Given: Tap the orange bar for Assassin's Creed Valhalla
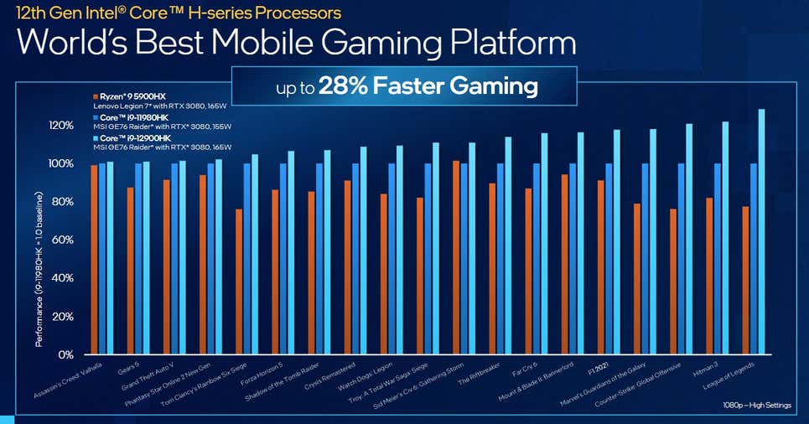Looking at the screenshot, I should (x=94, y=259).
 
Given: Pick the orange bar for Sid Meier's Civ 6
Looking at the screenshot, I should (x=455, y=256).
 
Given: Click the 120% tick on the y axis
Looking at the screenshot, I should (x=61, y=125).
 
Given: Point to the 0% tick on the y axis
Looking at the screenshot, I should (x=66, y=354).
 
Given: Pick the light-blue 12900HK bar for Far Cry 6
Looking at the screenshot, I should (x=544, y=243).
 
